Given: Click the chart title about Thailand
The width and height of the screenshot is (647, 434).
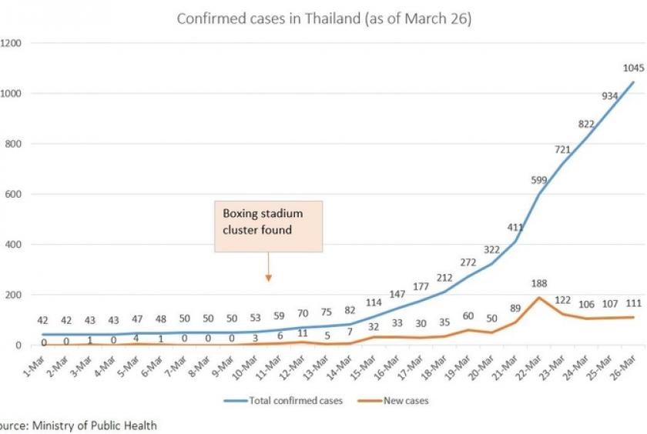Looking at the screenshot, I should tap(323, 18).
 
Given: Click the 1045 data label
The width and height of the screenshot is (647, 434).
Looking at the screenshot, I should tap(633, 68).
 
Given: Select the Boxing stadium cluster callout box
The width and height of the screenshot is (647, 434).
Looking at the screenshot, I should tap(267, 226).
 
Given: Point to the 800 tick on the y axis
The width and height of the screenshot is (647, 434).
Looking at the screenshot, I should tap(11, 144).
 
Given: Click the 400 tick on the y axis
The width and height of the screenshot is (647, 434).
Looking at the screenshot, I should tap(11, 245).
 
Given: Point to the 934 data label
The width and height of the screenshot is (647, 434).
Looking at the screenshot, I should tap(609, 95).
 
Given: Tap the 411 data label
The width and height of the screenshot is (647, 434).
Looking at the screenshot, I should tap(513, 227).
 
